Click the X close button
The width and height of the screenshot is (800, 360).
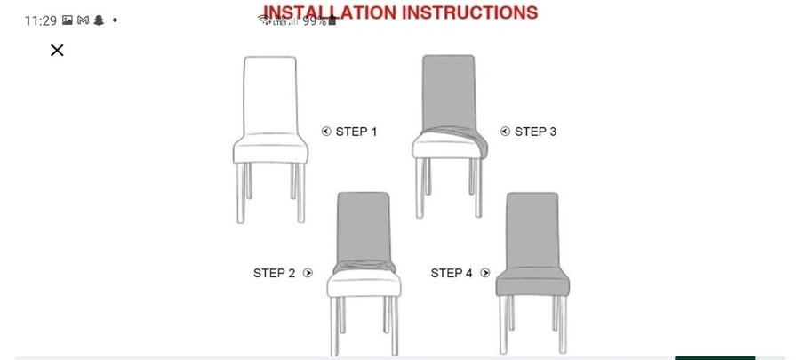click(x=57, y=50)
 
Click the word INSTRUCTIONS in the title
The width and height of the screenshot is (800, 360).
click(x=470, y=12)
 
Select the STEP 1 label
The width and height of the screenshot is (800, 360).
click(x=356, y=132)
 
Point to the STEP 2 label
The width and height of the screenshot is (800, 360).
click(x=274, y=273)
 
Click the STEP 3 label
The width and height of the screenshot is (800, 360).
click(x=535, y=132)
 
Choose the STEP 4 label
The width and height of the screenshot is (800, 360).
click(x=452, y=273)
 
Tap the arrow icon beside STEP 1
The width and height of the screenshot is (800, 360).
click(x=326, y=132)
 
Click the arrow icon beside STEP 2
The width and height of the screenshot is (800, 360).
click(x=308, y=273)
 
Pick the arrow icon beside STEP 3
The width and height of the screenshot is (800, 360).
click(x=505, y=132)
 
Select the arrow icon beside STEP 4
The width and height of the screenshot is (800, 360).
click(x=485, y=273)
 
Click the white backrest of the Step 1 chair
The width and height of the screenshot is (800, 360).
click(x=270, y=95)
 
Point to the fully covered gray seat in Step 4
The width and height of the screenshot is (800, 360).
click(x=532, y=281)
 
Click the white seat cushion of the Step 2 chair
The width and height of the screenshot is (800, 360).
click(x=364, y=284)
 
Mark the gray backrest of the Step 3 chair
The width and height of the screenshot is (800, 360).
click(x=449, y=92)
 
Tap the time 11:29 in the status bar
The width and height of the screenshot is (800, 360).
click(x=40, y=21)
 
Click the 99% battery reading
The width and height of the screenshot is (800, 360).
click(x=315, y=21)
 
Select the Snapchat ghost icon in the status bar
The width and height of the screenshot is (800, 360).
click(x=99, y=20)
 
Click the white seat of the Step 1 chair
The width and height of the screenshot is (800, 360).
click(x=270, y=148)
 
